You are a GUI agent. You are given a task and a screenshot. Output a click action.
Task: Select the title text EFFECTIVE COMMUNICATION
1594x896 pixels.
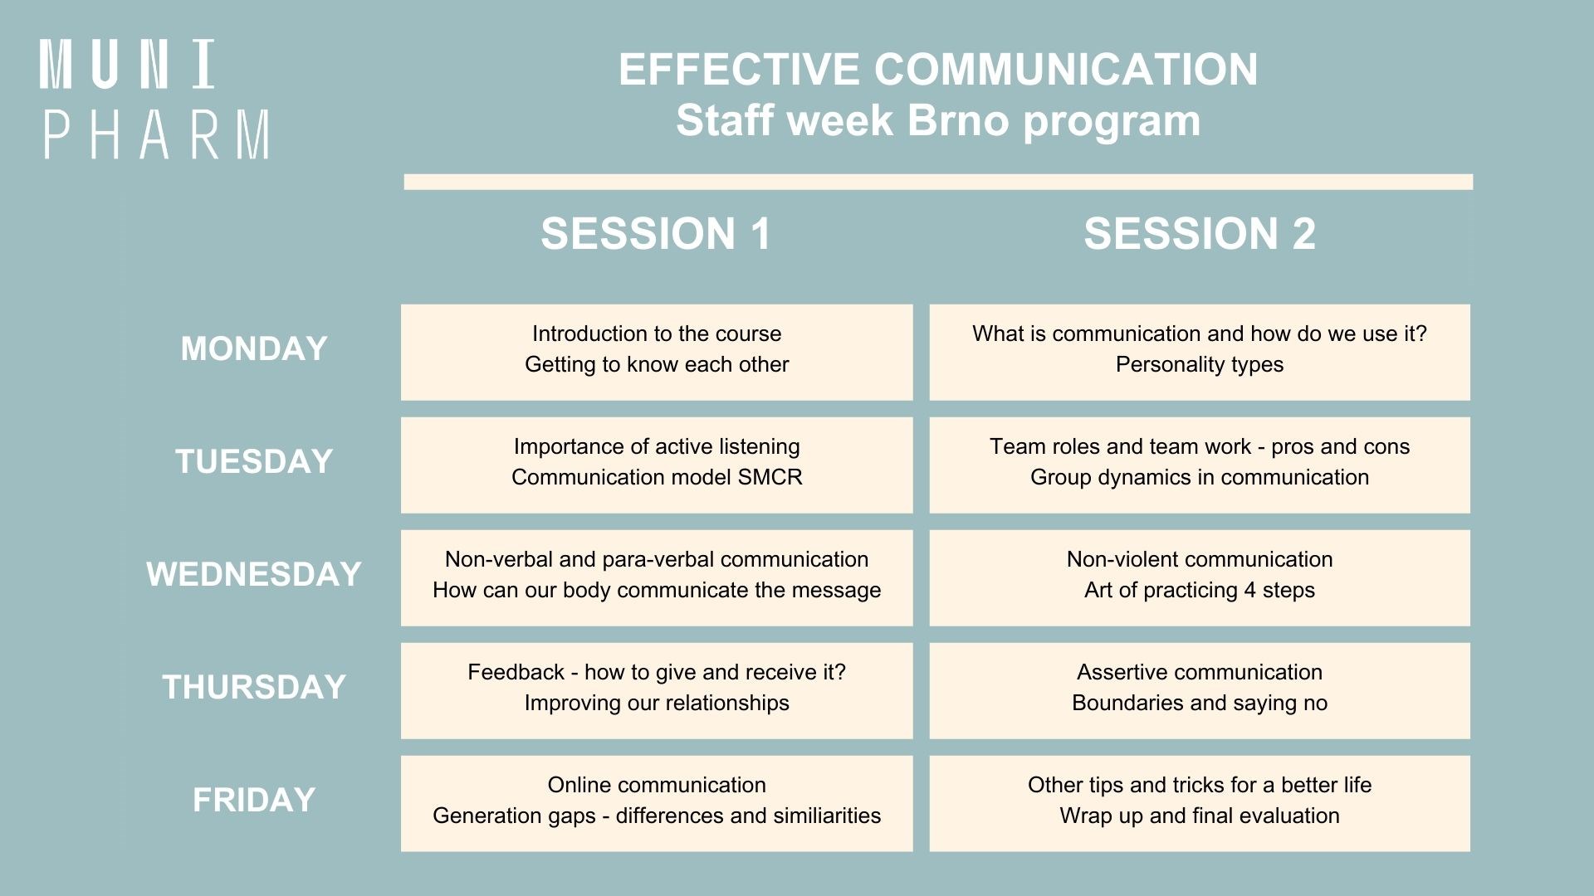(938, 69)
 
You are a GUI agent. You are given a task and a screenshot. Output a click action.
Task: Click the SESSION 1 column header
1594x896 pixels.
(656, 233)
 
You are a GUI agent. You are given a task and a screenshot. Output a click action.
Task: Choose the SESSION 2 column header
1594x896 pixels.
(1200, 233)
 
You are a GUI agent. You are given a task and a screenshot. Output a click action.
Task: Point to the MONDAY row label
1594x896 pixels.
(254, 348)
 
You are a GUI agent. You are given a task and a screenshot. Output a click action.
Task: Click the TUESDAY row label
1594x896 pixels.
(254, 461)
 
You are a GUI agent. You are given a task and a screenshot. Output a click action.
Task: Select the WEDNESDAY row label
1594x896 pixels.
(254, 574)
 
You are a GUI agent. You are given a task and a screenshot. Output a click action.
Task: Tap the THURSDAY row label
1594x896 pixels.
(254, 687)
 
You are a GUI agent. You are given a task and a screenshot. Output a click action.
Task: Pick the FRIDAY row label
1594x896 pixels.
(254, 800)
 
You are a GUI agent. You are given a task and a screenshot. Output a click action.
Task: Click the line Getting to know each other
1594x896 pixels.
(657, 365)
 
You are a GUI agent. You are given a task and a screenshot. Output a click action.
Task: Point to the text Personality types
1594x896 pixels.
(1200, 365)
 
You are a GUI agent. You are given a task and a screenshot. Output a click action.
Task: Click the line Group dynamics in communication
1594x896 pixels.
(1200, 478)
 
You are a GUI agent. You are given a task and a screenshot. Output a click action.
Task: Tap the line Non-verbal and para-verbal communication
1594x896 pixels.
(657, 559)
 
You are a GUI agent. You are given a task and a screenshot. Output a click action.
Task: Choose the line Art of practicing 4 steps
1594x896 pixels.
(1200, 591)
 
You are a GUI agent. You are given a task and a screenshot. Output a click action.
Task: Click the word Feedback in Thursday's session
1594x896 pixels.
(516, 672)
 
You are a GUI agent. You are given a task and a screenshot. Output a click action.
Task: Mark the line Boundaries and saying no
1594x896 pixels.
(1200, 704)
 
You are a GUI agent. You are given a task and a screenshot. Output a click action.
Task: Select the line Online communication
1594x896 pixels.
(657, 785)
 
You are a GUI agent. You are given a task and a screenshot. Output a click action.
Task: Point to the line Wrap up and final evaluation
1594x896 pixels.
(1200, 816)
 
